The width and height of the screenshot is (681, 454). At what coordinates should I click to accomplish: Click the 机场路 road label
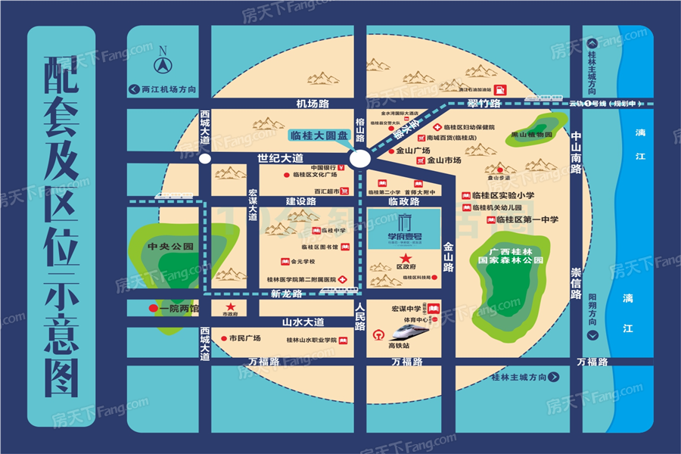point(313,103)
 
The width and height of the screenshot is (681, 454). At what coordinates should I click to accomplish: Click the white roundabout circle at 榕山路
point(360,158)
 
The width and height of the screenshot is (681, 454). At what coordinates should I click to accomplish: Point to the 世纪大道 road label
point(280,158)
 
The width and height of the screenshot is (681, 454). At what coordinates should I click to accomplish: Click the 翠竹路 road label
point(484,103)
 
